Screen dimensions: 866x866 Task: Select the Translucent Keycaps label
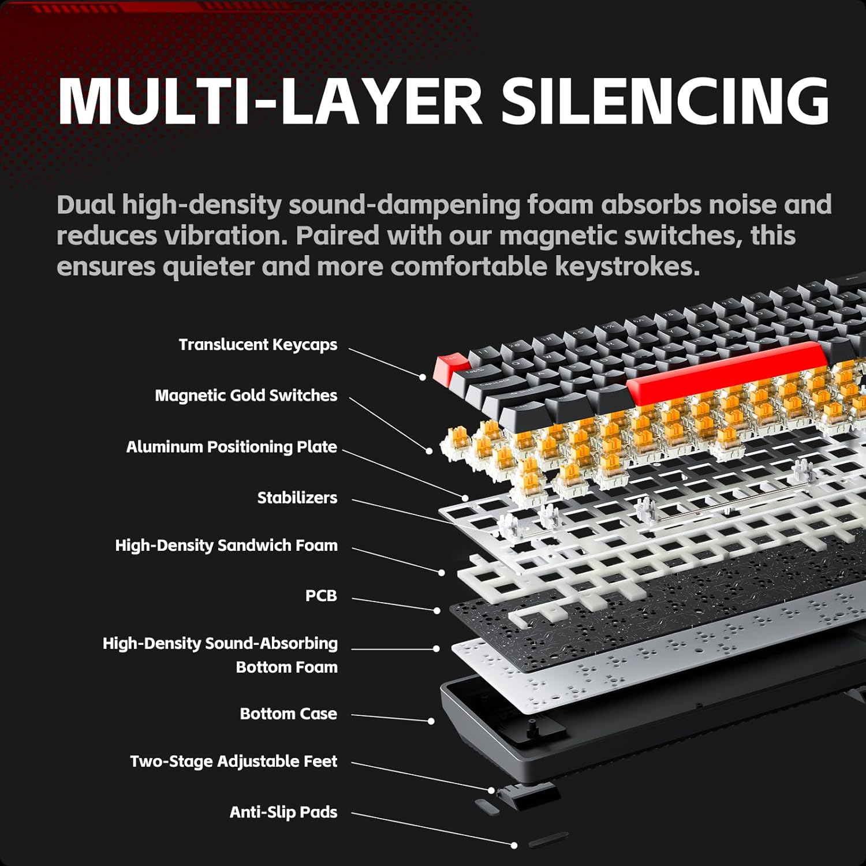(258, 345)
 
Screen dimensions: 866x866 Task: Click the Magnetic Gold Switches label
(246, 395)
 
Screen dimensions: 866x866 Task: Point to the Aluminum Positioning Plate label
(232, 447)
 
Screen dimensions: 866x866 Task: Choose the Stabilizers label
(297, 498)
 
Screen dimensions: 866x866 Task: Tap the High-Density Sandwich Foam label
(226, 546)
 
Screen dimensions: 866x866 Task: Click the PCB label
(321, 596)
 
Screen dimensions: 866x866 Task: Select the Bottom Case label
(289, 714)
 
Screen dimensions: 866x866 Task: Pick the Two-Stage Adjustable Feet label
(234, 762)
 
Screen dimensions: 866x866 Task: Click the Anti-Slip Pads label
(283, 812)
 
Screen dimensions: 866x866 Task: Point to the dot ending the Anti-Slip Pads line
(514, 845)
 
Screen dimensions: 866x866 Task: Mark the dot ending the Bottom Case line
(431, 721)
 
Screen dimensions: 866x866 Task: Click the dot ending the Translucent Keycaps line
(423, 377)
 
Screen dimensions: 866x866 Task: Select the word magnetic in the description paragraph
(559, 236)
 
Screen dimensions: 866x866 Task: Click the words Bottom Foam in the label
(287, 667)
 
